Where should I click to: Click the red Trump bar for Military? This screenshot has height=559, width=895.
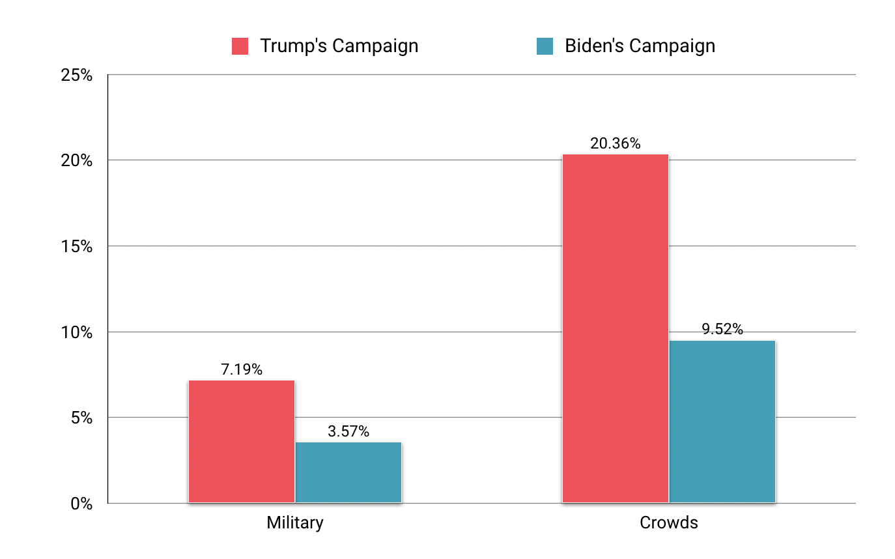click(242, 441)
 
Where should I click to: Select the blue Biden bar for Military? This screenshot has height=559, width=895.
click(348, 472)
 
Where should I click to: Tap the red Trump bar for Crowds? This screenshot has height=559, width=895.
click(615, 328)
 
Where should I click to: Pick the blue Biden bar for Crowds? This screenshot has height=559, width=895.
click(722, 421)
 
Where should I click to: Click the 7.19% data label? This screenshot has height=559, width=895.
click(242, 370)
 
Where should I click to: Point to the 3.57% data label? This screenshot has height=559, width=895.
click(348, 431)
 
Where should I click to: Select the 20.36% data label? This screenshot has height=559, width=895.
click(615, 143)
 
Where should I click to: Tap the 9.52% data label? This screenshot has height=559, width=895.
click(722, 329)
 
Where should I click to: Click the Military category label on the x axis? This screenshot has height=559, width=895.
click(295, 523)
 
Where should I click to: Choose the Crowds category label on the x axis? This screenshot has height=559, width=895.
click(669, 523)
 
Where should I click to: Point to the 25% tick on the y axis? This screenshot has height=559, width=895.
click(76, 75)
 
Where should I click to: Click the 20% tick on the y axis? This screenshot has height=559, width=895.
click(76, 161)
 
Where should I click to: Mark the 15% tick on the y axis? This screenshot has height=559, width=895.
click(76, 246)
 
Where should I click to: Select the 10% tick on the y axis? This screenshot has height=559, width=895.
click(76, 332)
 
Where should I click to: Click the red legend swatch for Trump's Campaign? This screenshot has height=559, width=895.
click(240, 46)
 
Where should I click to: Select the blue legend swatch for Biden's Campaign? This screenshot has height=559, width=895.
click(545, 46)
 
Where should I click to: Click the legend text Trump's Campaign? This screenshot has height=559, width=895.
click(339, 46)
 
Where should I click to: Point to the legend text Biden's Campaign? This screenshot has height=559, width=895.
click(640, 46)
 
